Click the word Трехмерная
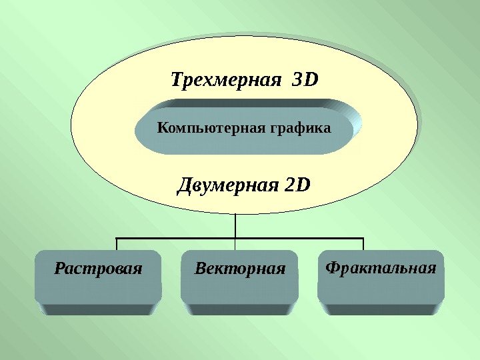(x=223, y=81)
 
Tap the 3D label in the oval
(x=305, y=81)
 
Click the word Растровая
(x=98, y=269)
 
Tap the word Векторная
(x=239, y=269)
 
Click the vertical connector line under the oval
(x=236, y=226)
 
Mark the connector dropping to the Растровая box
(x=117, y=244)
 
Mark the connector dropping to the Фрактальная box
(x=363, y=244)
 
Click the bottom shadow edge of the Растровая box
(x=98, y=309)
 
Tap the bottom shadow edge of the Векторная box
(x=239, y=309)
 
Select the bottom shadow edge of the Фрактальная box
(x=381, y=308)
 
